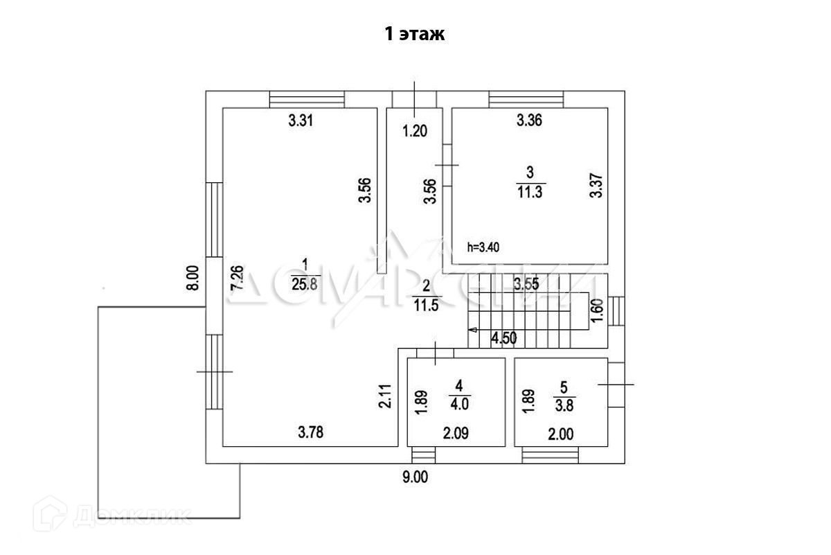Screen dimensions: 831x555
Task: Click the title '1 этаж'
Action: coord(414,35)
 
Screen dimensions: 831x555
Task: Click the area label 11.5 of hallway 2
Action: coord(426,306)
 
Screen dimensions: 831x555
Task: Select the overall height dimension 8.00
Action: coord(194,279)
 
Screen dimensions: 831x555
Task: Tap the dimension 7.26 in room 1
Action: coord(237,279)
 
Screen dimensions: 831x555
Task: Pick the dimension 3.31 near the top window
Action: coord(301,121)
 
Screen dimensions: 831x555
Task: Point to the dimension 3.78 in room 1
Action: coord(311,434)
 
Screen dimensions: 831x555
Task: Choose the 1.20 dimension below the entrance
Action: coord(415,131)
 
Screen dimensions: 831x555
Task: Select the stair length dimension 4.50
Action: coord(504,339)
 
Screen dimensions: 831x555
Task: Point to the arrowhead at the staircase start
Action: coord(472,330)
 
